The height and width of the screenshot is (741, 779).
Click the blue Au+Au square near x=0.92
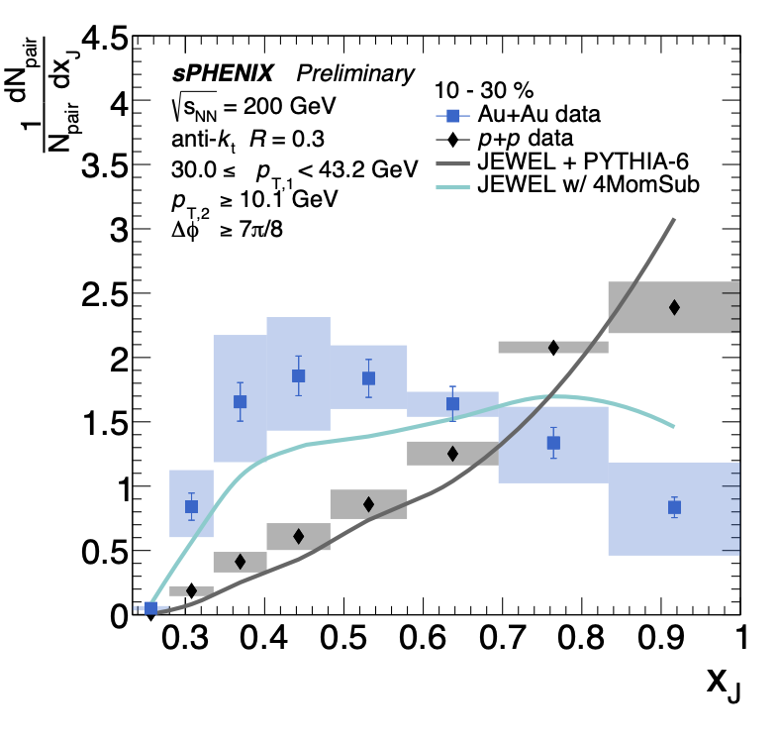tap(674, 507)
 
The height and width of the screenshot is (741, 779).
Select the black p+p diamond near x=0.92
tap(674, 307)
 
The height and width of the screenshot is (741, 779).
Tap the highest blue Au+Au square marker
tap(298, 375)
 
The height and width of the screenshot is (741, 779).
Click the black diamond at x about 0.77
tap(553, 347)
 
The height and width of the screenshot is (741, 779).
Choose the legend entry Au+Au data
tap(541, 114)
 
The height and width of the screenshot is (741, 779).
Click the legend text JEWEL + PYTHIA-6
tap(573, 162)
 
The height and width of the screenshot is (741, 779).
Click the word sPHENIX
tap(221, 73)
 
